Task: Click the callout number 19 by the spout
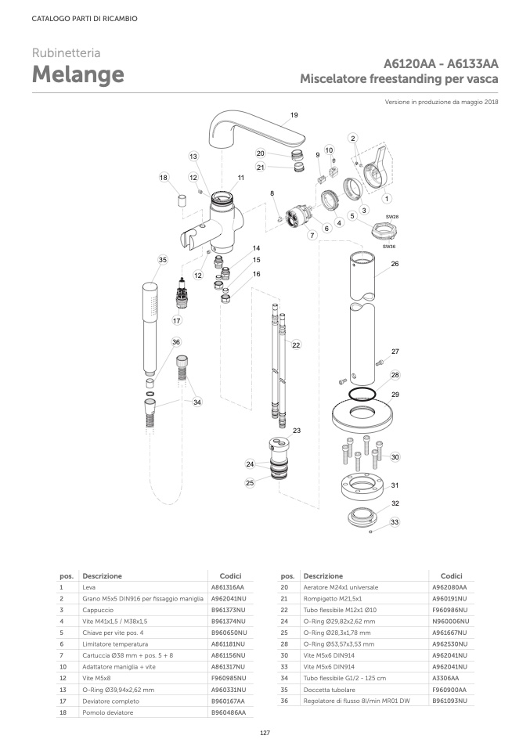(294, 115)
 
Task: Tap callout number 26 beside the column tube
(395, 264)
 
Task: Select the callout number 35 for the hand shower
(162, 259)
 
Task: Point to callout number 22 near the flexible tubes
(296, 344)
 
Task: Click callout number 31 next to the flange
(395, 485)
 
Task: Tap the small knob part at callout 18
(179, 201)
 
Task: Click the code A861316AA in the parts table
(228, 586)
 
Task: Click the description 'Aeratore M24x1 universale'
(340, 586)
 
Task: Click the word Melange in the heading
(78, 75)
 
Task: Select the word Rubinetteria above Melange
(66, 53)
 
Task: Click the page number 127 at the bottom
(265, 732)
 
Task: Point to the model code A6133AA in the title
(472, 64)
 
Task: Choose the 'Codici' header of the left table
(230, 575)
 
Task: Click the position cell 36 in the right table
(285, 701)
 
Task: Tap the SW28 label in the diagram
(392, 216)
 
